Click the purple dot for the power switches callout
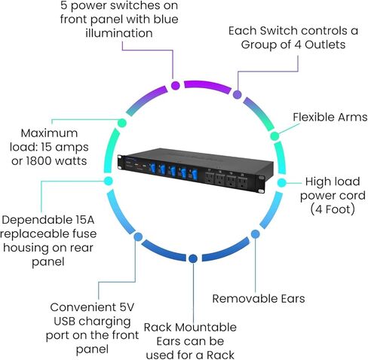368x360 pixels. pos(176,85)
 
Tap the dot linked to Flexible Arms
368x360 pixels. pos(274,136)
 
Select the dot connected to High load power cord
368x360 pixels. pos(282,182)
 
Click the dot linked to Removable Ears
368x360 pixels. pos(255,234)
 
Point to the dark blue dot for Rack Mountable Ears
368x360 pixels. pos(193,258)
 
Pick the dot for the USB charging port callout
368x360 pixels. pos(138,236)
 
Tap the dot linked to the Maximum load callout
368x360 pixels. pos(122,123)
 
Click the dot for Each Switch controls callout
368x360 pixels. pos(238,95)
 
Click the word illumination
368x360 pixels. pos(119,33)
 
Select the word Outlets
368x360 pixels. pos(325,44)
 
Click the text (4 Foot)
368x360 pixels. pos(333,209)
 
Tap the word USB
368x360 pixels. pos(65,322)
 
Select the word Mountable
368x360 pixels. pos(206,328)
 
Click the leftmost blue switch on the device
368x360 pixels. pos(152,168)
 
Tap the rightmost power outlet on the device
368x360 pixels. pos(242,183)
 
